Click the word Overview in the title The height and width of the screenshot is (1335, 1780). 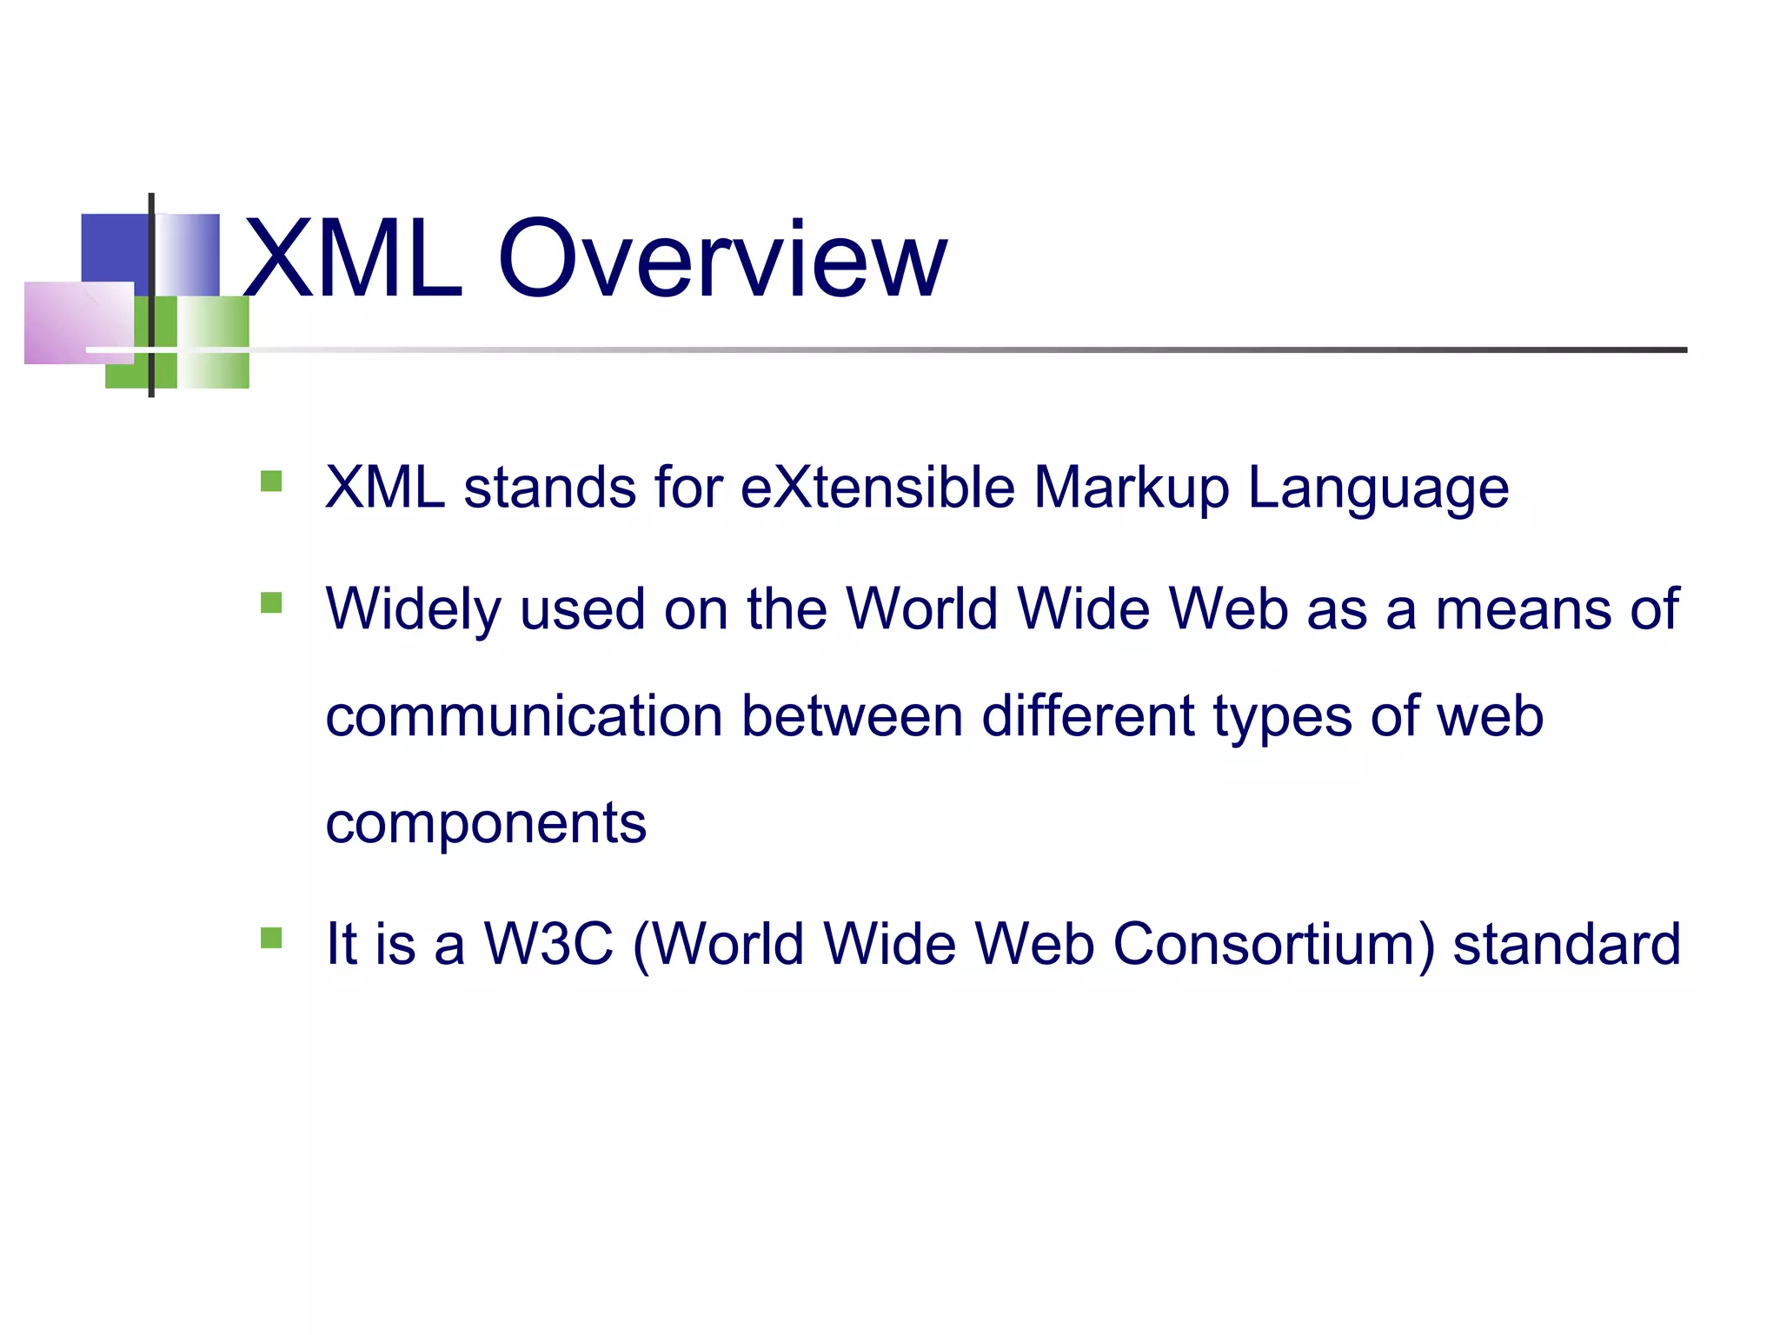pyautogui.click(x=721, y=259)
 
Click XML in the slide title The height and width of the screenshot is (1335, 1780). pyautogui.click(x=352, y=259)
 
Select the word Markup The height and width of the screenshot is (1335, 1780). pyautogui.click(x=1131, y=488)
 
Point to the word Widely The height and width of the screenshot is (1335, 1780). pyautogui.click(x=413, y=610)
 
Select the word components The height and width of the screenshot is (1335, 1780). pyautogui.click(x=486, y=824)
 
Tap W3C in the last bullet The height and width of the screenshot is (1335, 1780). pyautogui.click(x=548, y=944)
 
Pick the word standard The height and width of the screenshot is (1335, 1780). pyautogui.click(x=1566, y=944)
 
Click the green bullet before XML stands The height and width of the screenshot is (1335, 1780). pyautogui.click(x=271, y=481)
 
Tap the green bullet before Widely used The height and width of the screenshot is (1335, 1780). pyautogui.click(x=271, y=602)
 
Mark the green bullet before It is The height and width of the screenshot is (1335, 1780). pyautogui.click(x=271, y=938)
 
